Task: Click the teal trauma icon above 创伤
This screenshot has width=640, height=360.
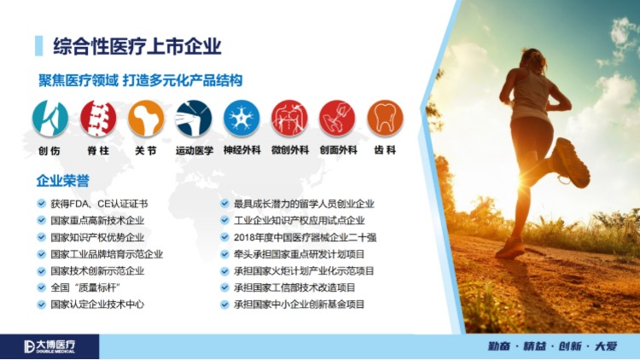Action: (50, 118)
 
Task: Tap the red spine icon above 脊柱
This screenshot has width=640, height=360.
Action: (98, 118)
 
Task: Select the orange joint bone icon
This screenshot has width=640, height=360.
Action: (146, 118)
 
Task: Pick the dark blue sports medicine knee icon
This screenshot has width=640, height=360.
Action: (194, 118)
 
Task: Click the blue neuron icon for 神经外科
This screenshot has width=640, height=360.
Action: (241, 118)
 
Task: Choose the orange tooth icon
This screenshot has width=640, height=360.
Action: (385, 118)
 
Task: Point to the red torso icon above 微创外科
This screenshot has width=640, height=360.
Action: (289, 118)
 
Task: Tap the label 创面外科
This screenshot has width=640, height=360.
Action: (338, 150)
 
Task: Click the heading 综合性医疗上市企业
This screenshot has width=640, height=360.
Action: (137, 46)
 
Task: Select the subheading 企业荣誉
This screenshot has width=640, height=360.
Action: (63, 180)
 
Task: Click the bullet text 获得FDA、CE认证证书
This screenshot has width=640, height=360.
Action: (99, 204)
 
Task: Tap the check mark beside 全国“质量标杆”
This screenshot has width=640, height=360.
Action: (41, 287)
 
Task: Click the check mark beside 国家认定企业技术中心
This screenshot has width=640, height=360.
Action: (41, 304)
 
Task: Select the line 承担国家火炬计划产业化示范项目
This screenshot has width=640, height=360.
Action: (304, 271)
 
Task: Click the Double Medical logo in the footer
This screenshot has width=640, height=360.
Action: (49, 346)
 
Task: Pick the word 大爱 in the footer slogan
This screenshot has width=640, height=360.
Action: (606, 346)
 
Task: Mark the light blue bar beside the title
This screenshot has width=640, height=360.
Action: (38, 46)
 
